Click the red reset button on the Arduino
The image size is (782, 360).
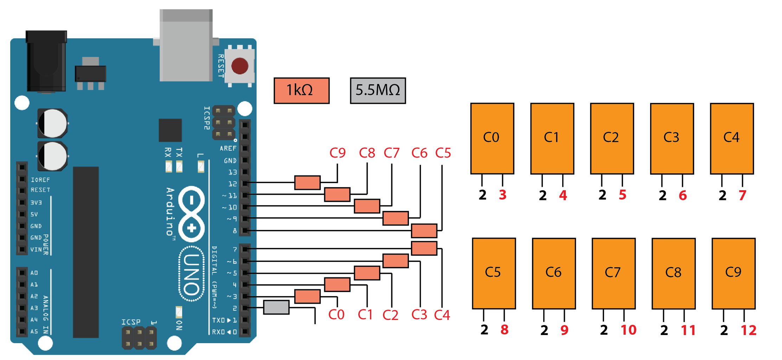240,66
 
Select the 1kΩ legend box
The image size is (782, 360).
301,91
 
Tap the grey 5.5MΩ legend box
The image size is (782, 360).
378,91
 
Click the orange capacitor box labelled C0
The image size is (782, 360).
492,138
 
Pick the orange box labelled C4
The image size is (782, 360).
732,138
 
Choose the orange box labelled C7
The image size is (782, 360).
613,273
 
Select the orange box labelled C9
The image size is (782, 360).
733,273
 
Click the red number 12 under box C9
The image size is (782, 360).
749,330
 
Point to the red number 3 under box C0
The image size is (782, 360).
503,195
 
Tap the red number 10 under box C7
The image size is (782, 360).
628,330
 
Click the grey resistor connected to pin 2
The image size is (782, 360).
276,307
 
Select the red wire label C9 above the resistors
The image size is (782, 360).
338,153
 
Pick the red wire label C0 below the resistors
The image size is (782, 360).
336,315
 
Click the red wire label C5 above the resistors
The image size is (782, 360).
443,153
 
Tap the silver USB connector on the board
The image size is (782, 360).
186,46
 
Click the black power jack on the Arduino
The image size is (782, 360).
46,62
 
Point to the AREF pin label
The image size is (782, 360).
228,149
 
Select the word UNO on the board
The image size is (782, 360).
192,274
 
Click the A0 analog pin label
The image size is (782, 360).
34,273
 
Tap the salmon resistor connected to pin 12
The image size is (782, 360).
307,183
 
